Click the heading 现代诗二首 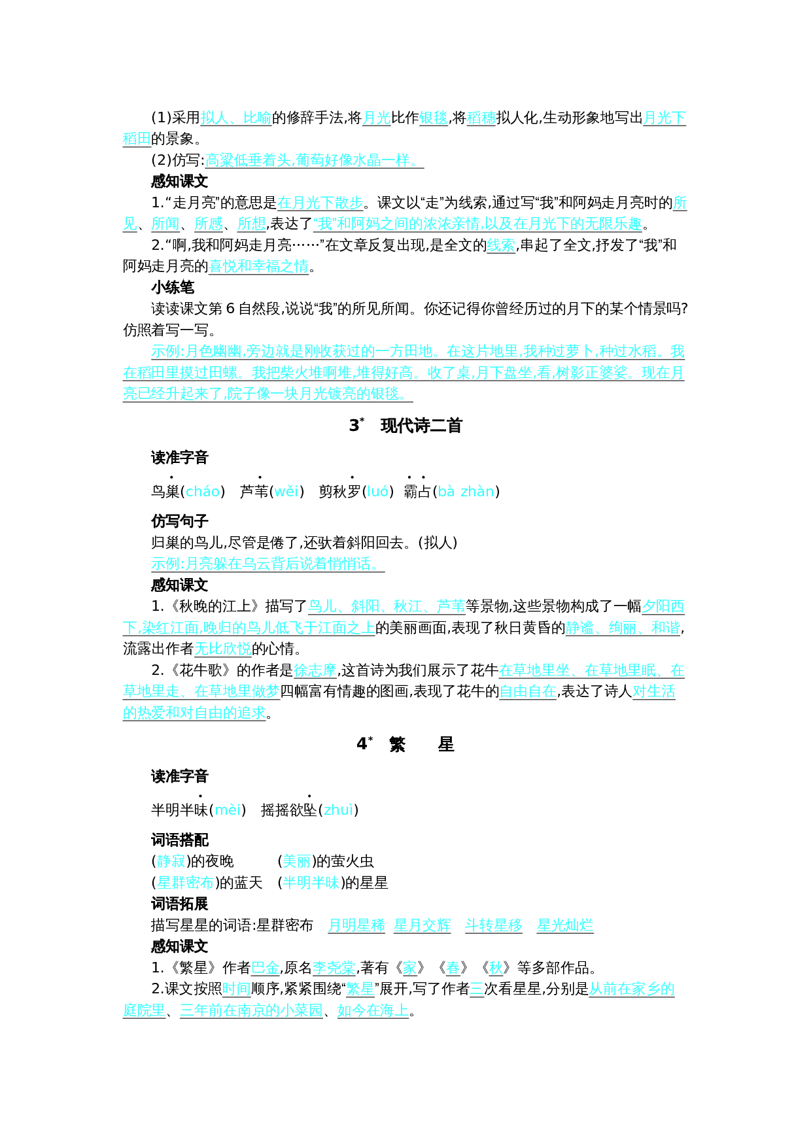(421, 426)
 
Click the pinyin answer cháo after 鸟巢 (203, 491)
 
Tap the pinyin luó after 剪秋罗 (378, 491)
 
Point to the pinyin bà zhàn (466, 491)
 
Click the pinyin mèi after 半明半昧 (228, 810)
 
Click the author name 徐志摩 (315, 670)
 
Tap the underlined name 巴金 (265, 968)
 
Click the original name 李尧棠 (334, 968)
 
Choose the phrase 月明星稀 (356, 925)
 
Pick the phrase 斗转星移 (494, 925)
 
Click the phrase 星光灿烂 (565, 925)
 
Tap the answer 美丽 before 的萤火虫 (296, 861)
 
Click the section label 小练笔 (173, 287)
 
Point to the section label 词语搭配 (180, 840)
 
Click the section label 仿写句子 (180, 521)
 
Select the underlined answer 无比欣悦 (223, 649)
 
